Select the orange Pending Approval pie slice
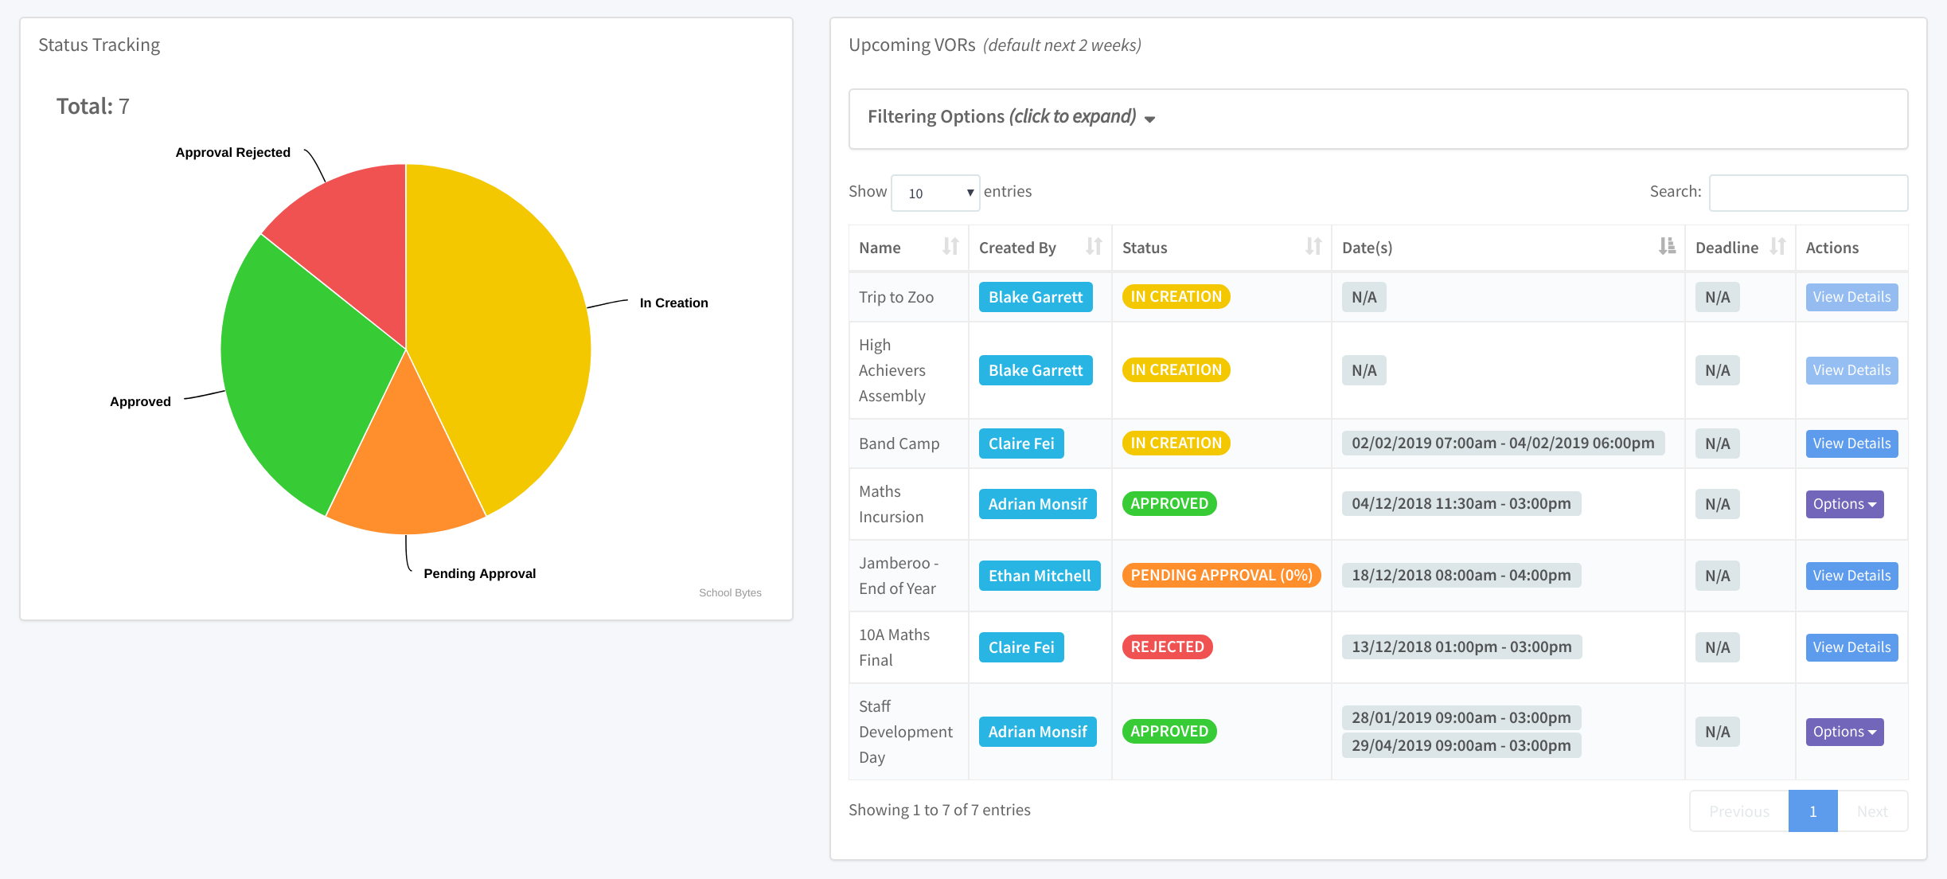[406, 470]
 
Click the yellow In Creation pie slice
[501, 318]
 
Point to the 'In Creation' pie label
[673, 303]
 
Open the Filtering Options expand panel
[1011, 118]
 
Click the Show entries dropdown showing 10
[935, 193]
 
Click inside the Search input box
[1808, 193]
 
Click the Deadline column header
[1727, 248]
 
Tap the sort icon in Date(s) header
[1667, 247]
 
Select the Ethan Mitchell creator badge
[1039, 576]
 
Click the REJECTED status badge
[1167, 647]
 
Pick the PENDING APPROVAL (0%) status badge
[1221, 575]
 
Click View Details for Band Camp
[1851, 443]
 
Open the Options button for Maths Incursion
[1844, 504]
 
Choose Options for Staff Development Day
[1844, 732]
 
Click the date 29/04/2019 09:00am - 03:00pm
[1461, 745]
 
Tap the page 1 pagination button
[1812, 811]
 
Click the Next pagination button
[1871, 811]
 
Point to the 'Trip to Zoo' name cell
[896, 297]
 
